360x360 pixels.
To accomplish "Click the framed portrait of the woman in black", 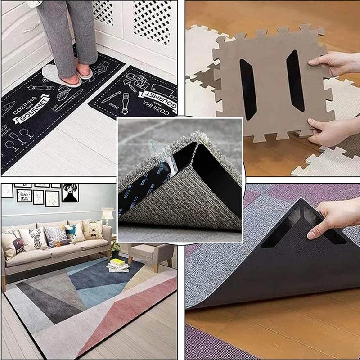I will tap(70, 192).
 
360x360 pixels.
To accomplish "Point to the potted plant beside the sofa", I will tap(116, 248).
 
